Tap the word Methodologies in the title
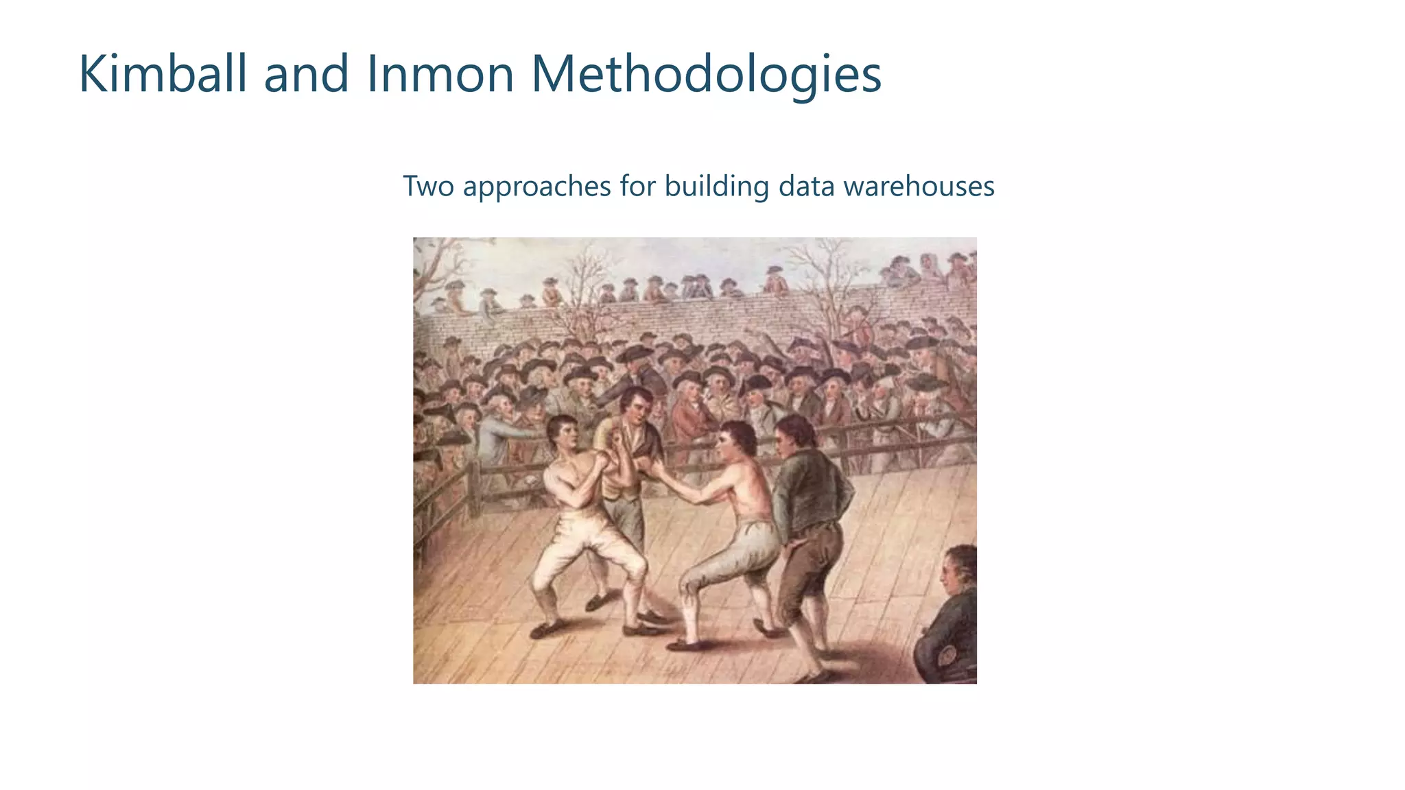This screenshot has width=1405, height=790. pos(706,75)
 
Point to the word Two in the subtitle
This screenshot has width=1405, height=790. pos(428,186)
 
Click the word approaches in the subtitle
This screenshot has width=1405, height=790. pos(536,187)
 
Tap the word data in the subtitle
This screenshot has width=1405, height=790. pos(805,186)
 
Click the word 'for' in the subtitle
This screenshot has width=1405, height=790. pos(637,186)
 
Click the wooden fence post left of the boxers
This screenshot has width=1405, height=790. pos(473,488)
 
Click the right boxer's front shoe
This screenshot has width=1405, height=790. pos(683,645)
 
